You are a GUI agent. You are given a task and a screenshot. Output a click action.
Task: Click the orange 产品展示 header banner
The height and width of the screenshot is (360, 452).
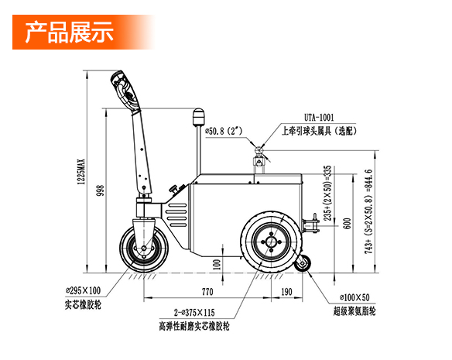click(x=84, y=32)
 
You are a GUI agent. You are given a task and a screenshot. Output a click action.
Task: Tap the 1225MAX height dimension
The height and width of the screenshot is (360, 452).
click(x=81, y=172)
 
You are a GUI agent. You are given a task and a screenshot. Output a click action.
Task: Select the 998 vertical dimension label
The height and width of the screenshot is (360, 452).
click(x=101, y=190)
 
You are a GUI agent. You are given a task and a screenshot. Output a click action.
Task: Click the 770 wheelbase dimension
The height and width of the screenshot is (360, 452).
click(x=207, y=292)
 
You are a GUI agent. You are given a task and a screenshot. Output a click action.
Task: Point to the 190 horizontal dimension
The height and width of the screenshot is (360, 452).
click(x=286, y=292)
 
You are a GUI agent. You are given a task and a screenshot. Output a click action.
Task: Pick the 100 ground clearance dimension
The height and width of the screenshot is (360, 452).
click(x=217, y=264)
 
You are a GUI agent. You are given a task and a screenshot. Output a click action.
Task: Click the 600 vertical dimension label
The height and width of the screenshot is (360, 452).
click(x=348, y=224)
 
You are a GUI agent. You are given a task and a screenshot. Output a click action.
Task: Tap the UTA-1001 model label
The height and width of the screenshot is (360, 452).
click(x=319, y=118)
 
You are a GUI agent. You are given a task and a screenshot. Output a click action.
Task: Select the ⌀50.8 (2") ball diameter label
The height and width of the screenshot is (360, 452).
click(x=224, y=132)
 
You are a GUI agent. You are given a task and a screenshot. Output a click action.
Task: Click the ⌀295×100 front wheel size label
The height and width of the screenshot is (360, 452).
click(x=83, y=290)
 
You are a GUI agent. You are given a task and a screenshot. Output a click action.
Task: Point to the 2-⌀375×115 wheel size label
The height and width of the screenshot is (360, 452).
click(x=194, y=313)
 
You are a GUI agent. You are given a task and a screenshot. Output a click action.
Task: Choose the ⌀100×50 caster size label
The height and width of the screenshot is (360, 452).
click(x=354, y=297)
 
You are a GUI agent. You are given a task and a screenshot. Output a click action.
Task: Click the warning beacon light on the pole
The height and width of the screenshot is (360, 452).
click(x=198, y=117)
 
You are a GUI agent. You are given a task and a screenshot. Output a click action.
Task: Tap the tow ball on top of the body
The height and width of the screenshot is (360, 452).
click(x=259, y=150)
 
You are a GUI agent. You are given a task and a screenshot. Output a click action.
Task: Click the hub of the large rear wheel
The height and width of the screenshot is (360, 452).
click(x=271, y=242)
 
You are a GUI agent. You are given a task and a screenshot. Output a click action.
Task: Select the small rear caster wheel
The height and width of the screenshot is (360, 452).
click(x=303, y=263)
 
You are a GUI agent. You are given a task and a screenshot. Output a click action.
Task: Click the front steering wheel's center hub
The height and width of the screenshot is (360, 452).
click(x=143, y=248)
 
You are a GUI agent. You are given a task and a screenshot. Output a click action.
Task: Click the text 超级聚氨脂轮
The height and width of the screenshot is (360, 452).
click(x=354, y=311)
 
